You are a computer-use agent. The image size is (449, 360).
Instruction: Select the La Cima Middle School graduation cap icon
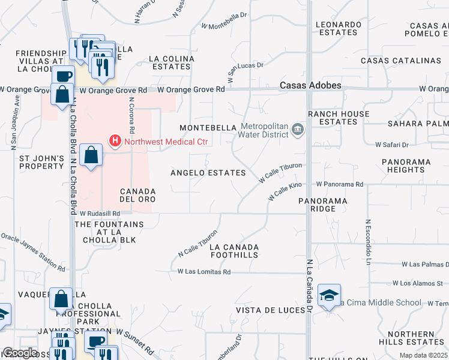pyautogui.click(x=329, y=295)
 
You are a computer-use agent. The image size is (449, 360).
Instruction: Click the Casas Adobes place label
pyautogui.click(x=310, y=86)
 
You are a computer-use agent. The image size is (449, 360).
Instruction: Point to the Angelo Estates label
pyautogui.click(x=208, y=173)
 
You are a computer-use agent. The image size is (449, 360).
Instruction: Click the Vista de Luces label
pyautogui.click(x=267, y=310)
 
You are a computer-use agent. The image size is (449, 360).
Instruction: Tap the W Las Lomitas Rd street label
pyautogui.click(x=204, y=272)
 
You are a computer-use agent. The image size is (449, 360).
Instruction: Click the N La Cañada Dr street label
pyautogui.click(x=310, y=286)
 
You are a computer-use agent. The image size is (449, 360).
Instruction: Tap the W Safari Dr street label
pyautogui.click(x=391, y=145)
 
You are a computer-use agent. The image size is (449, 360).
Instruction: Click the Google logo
pyautogui.click(x=20, y=353)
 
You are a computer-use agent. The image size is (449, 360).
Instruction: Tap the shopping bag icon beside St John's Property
pyautogui.click(x=90, y=155)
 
